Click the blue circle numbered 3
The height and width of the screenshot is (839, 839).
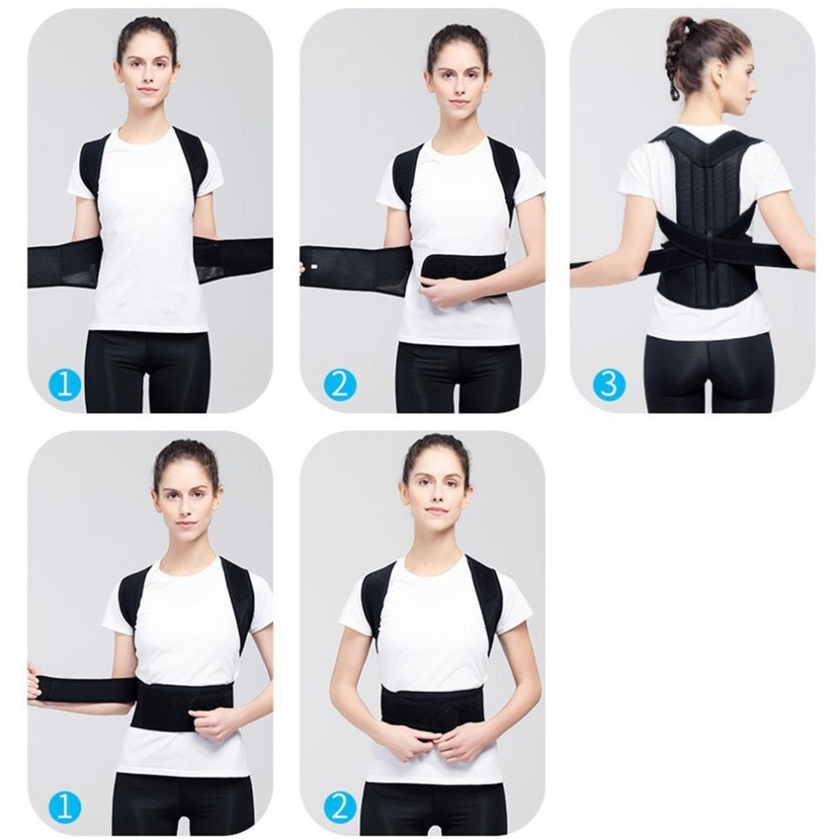609,384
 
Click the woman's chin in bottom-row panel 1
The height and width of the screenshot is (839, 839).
185,536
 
